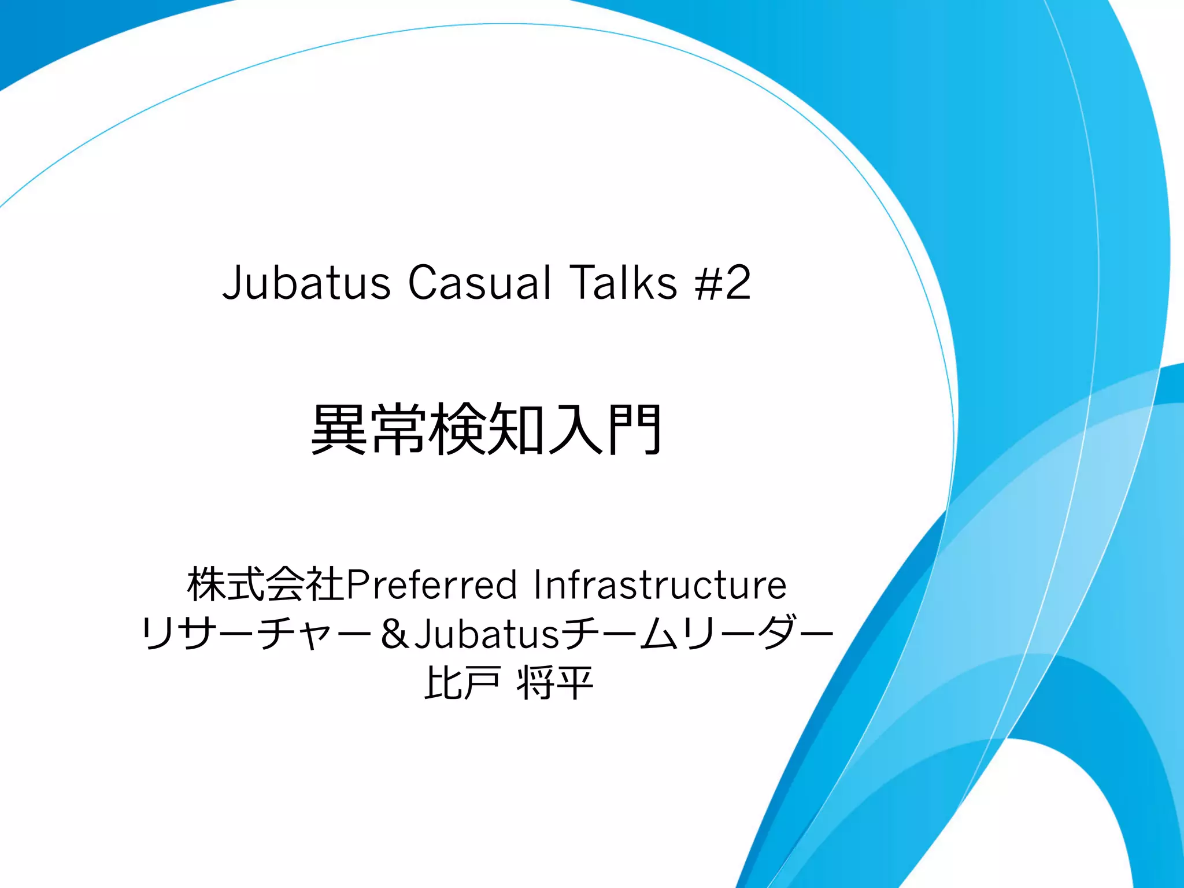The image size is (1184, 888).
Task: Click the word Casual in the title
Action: click(479, 283)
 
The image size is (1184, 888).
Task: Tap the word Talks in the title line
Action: click(623, 283)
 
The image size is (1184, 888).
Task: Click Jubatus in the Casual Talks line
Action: click(306, 283)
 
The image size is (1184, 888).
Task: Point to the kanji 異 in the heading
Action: click(339, 429)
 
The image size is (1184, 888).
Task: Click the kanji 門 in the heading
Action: click(634, 429)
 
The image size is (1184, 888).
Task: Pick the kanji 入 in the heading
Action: click(576, 429)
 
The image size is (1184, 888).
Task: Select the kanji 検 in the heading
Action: click(457, 429)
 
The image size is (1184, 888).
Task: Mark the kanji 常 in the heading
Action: click(399, 429)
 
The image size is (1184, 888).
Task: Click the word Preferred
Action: click(431, 584)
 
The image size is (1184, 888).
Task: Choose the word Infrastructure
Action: click(660, 584)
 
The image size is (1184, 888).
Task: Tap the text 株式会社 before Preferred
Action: click(266, 584)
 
